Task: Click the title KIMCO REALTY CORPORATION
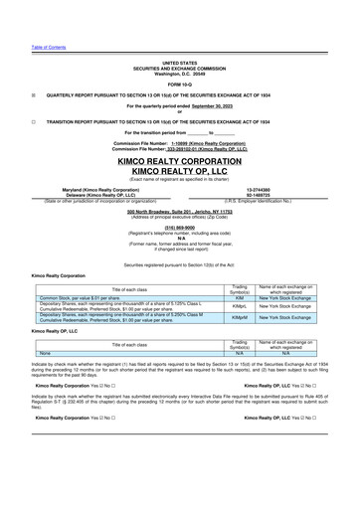180,161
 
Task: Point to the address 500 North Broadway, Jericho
180,212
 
